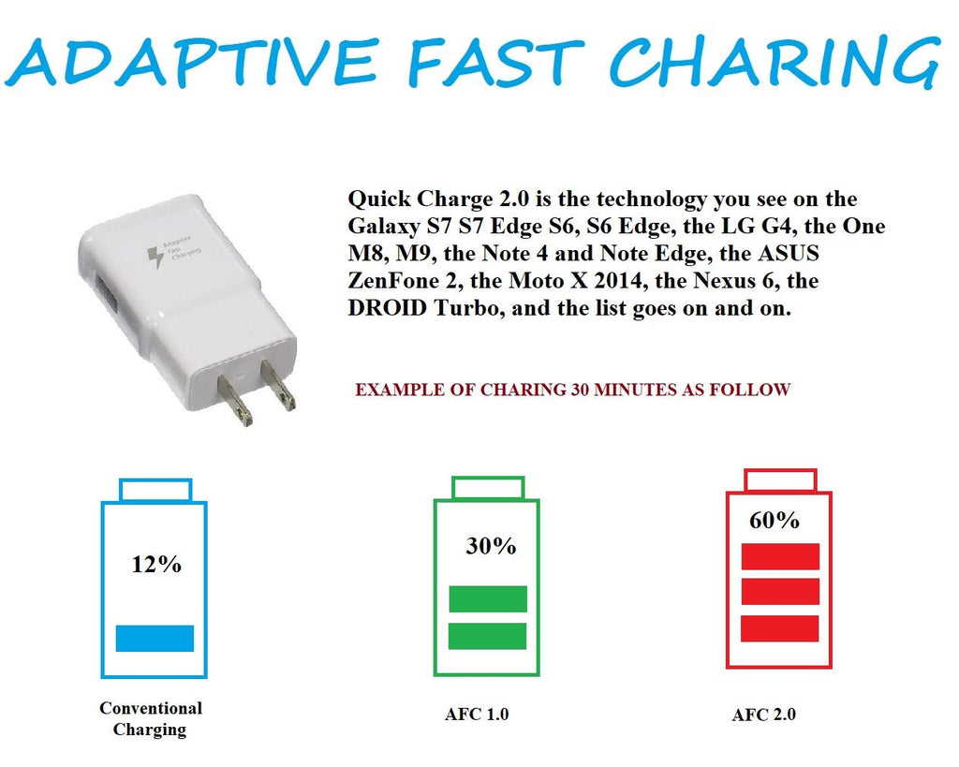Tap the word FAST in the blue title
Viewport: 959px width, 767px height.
496,61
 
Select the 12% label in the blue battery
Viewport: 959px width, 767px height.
156,564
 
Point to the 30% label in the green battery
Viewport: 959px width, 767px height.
491,546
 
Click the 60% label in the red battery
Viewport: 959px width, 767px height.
775,520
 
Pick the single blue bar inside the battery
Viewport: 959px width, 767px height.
155,638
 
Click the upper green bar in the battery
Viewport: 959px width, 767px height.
488,598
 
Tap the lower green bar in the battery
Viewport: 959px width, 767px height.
487,636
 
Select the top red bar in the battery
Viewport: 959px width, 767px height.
780,556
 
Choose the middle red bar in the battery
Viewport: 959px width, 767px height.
780,592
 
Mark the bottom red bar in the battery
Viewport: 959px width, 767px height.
780,628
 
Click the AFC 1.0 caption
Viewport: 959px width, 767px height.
477,715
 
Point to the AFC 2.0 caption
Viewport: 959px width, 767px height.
764,715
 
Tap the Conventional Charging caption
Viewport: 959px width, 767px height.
151,718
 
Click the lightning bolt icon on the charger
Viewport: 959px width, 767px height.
155,257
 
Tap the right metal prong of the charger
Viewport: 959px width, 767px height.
278,384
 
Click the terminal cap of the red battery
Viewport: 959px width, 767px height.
781,480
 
